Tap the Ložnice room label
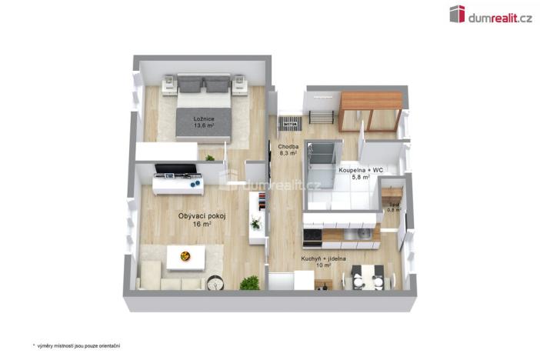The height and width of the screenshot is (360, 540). (x=204, y=118)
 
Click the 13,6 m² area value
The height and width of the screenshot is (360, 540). (x=204, y=125)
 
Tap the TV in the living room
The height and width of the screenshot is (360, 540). (x=176, y=169)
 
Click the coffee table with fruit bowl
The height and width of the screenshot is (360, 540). (x=185, y=258)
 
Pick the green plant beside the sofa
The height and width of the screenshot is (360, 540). (x=249, y=283)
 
